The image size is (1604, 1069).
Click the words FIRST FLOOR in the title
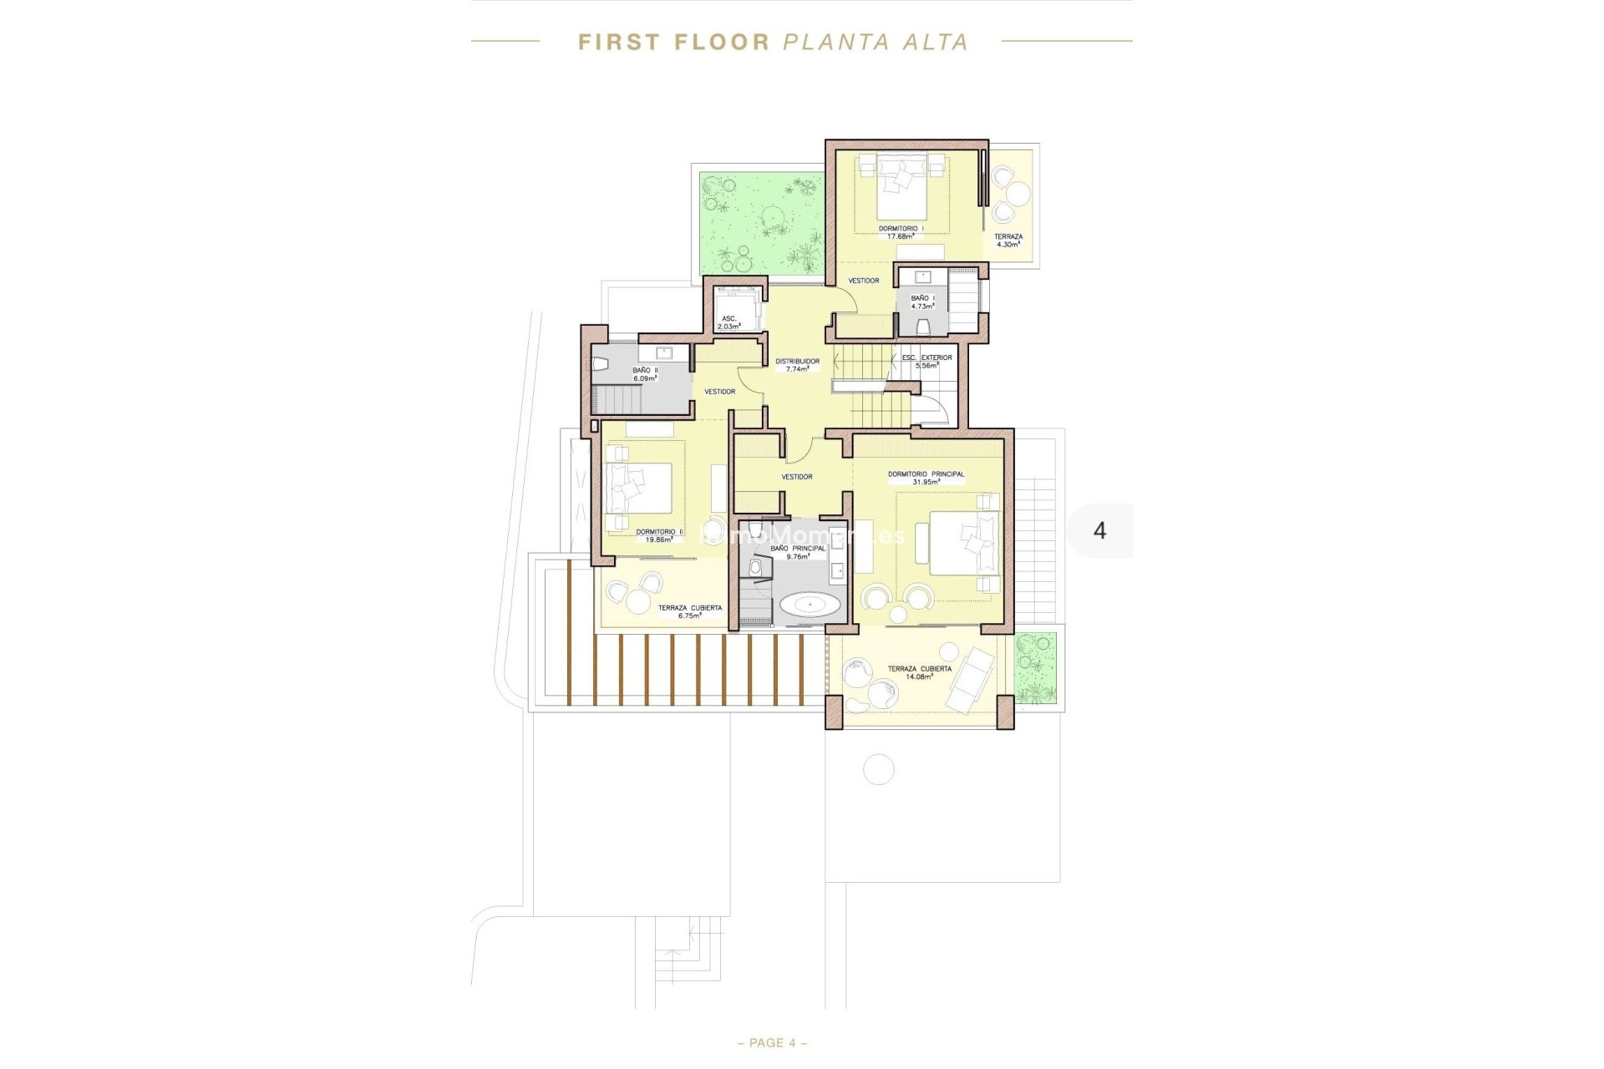point(673,42)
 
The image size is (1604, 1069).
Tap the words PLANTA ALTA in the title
point(875,42)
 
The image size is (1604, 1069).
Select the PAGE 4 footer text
point(773,1042)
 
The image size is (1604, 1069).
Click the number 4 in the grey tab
point(1099,530)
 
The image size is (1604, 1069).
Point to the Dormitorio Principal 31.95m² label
point(926,478)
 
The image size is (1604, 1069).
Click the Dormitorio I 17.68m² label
point(901,232)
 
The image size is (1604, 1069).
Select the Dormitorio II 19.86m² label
point(659,535)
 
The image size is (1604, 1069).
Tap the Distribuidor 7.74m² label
point(797,365)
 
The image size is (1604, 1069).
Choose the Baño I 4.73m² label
point(922,301)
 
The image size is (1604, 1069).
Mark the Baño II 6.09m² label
point(645,374)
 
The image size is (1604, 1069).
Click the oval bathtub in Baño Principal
point(807,604)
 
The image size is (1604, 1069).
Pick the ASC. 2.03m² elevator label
point(728,322)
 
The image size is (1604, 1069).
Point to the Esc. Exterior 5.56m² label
point(926,361)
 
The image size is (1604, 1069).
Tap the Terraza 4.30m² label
point(1008,241)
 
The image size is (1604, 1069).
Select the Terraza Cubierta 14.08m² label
point(919,672)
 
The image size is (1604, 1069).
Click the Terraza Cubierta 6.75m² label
point(689,611)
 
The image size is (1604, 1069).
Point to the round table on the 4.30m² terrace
point(1018,195)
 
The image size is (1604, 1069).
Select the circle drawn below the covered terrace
point(878,769)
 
